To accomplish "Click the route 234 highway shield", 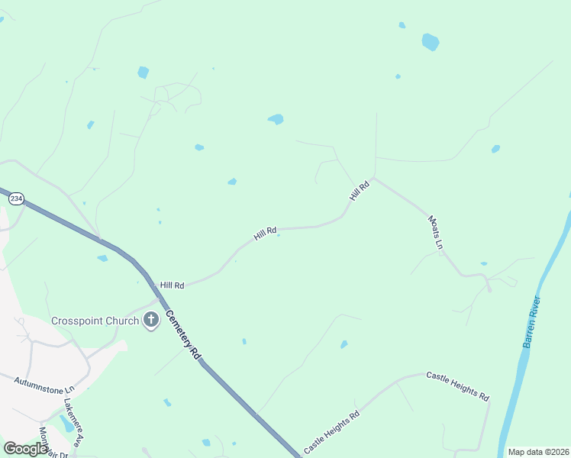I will [x=16, y=198].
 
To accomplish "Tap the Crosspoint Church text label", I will [x=95, y=321].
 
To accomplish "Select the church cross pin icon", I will [x=150, y=321].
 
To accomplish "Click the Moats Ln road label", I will [x=435, y=231].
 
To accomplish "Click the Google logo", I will [x=25, y=449].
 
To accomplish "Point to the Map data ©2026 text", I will [x=538, y=452].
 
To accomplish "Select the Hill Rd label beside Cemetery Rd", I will [x=173, y=285].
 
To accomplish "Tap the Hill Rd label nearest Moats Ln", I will [x=360, y=190].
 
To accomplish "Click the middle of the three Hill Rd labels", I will [x=265, y=234].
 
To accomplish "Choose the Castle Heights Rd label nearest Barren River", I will [x=456, y=386].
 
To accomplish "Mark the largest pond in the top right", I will [x=431, y=41].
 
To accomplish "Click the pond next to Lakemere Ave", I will [x=67, y=424].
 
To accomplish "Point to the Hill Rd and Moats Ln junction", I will [x=373, y=178].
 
